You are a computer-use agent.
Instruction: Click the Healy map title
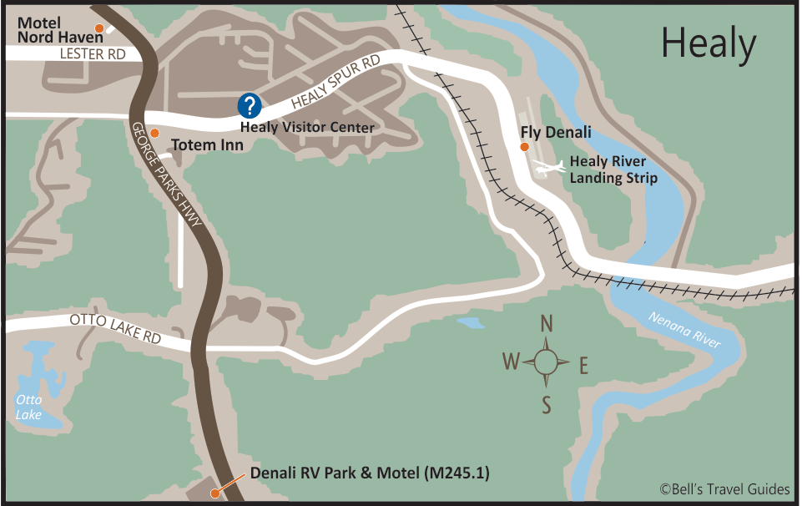(709, 43)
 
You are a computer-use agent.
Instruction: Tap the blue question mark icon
(250, 106)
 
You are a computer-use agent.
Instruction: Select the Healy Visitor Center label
(307, 128)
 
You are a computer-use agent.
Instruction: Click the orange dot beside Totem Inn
(154, 133)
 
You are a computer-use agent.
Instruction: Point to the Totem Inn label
(207, 145)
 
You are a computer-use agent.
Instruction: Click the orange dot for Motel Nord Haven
(98, 29)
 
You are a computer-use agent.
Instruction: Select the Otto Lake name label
(28, 407)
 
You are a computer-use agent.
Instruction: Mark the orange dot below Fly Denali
(524, 147)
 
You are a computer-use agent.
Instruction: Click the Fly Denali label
(556, 132)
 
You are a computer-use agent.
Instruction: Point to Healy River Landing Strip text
(613, 170)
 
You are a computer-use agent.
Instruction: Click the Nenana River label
(684, 329)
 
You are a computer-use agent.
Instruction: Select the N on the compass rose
(547, 323)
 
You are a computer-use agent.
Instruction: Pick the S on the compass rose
(547, 406)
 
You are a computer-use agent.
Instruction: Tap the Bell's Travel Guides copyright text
(724, 489)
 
